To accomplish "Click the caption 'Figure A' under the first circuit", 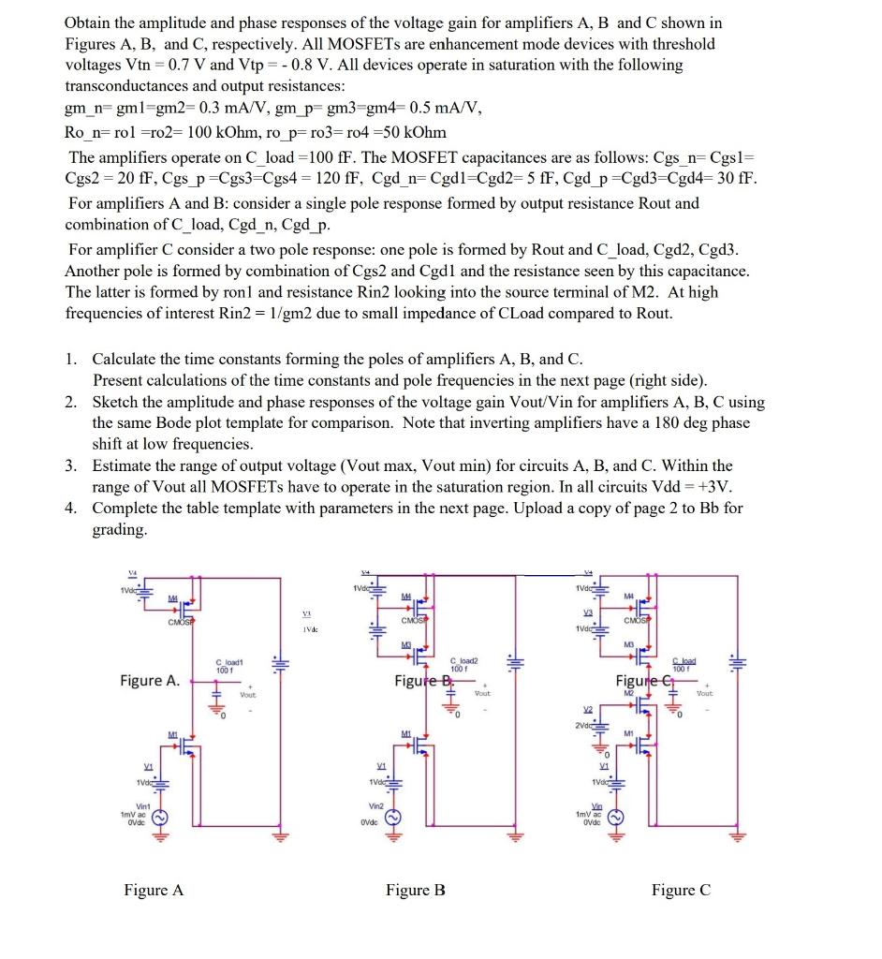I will (154, 890).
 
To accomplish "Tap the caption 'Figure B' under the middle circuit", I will (415, 890).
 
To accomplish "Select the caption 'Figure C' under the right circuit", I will (681, 890).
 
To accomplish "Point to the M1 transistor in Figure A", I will (187, 749).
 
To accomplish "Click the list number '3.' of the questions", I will (72, 465).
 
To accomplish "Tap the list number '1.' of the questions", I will (72, 360).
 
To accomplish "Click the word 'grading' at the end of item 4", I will (118, 530).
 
